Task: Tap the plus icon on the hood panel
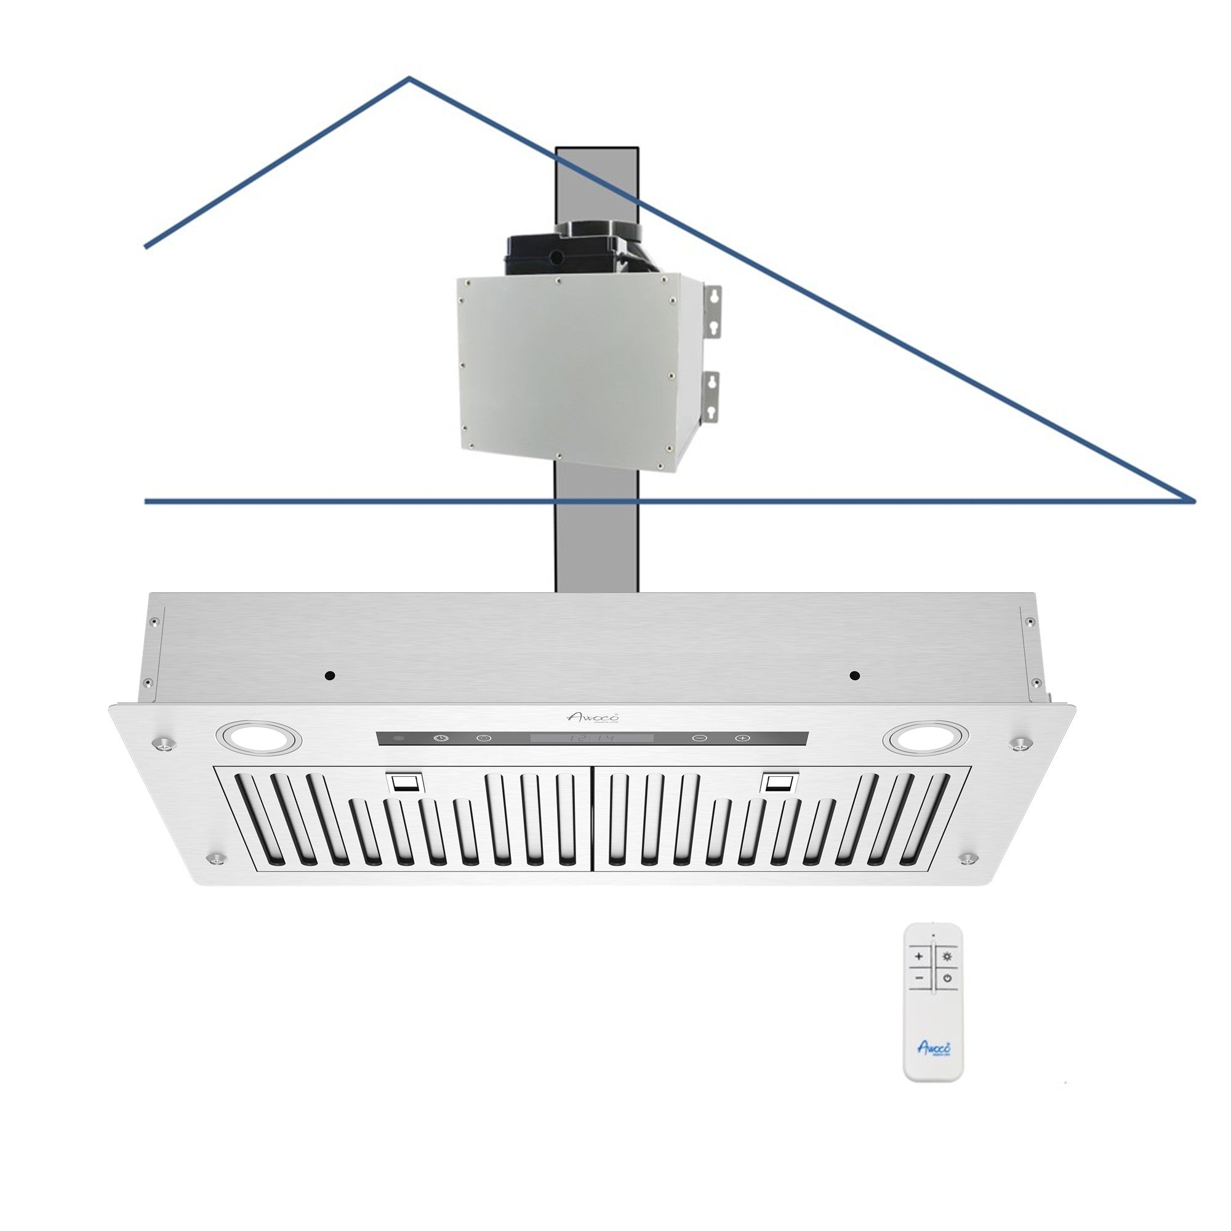coord(741,738)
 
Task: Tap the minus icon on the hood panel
coord(699,738)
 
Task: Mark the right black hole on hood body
coord(855,675)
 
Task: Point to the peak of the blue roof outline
coord(409,79)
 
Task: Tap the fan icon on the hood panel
coord(440,738)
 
